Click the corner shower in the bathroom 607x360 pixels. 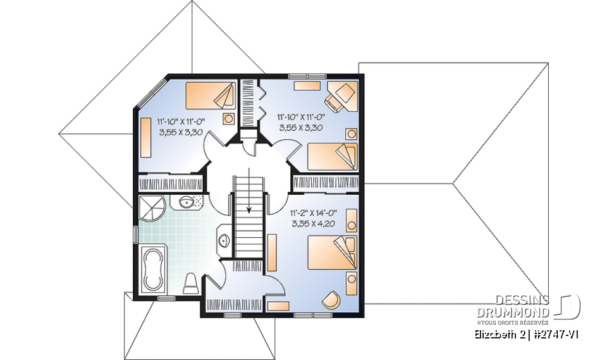[x=150, y=208]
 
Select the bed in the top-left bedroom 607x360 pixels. [x=209, y=97]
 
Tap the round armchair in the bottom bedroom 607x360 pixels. [x=331, y=299]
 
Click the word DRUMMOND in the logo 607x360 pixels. [x=513, y=312]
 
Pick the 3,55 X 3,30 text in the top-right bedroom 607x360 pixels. [x=300, y=127]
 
